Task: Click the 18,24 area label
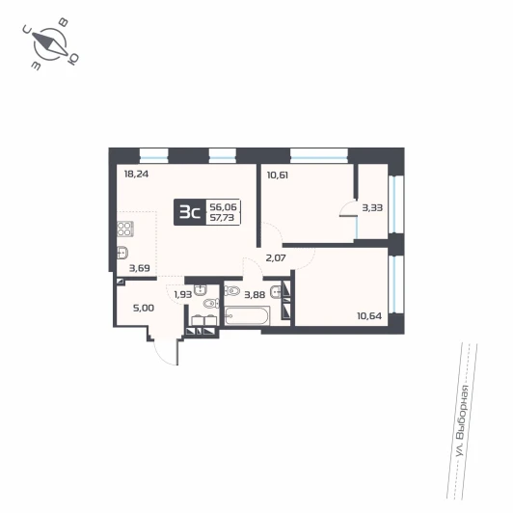136,174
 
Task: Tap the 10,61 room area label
278,175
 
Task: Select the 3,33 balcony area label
372,207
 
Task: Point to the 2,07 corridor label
276,258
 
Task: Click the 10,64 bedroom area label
369,316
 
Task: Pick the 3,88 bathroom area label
255,295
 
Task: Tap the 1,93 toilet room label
183,295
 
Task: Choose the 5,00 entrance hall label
144,309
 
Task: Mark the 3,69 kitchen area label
140,269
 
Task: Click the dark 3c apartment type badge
190,212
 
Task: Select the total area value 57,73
222,218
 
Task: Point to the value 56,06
223,207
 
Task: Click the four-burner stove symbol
124,229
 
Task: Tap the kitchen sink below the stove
122,253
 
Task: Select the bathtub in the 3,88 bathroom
247,315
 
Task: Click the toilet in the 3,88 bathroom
231,290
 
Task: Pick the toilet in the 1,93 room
210,304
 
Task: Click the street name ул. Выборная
463,420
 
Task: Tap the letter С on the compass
27,30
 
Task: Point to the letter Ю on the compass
72,59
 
